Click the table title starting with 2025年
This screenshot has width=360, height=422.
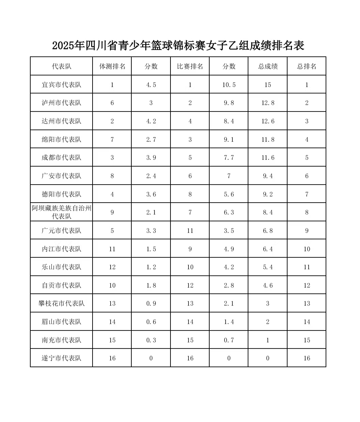coord(178,46)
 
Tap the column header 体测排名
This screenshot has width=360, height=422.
coord(112,66)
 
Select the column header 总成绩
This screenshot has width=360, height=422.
coord(268,66)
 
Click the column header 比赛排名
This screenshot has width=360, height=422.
coord(190,66)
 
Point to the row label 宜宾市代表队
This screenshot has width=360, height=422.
coord(62,85)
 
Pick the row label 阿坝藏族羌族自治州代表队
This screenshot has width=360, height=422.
coord(62,212)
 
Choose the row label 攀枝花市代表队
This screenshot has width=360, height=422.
coord(62,303)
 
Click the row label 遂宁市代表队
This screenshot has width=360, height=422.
coord(62,358)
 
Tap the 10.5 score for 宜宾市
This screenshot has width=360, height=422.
coord(229,85)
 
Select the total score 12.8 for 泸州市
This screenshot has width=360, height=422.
coord(268,103)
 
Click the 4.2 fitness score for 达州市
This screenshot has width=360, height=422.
coord(151,121)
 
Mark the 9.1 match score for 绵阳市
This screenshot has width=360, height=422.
coord(229,139)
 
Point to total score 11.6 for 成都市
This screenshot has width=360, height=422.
coord(268,158)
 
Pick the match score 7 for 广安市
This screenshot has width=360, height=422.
coord(229,176)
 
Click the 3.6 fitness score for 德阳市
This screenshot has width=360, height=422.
coord(151,194)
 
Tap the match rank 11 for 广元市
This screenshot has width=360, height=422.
coord(190,231)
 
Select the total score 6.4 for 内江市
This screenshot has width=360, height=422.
coord(268,249)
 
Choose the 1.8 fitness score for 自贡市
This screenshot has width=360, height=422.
coord(151,285)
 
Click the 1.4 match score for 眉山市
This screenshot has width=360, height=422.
coord(229,322)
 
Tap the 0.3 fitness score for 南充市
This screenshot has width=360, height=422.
coord(151,340)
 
